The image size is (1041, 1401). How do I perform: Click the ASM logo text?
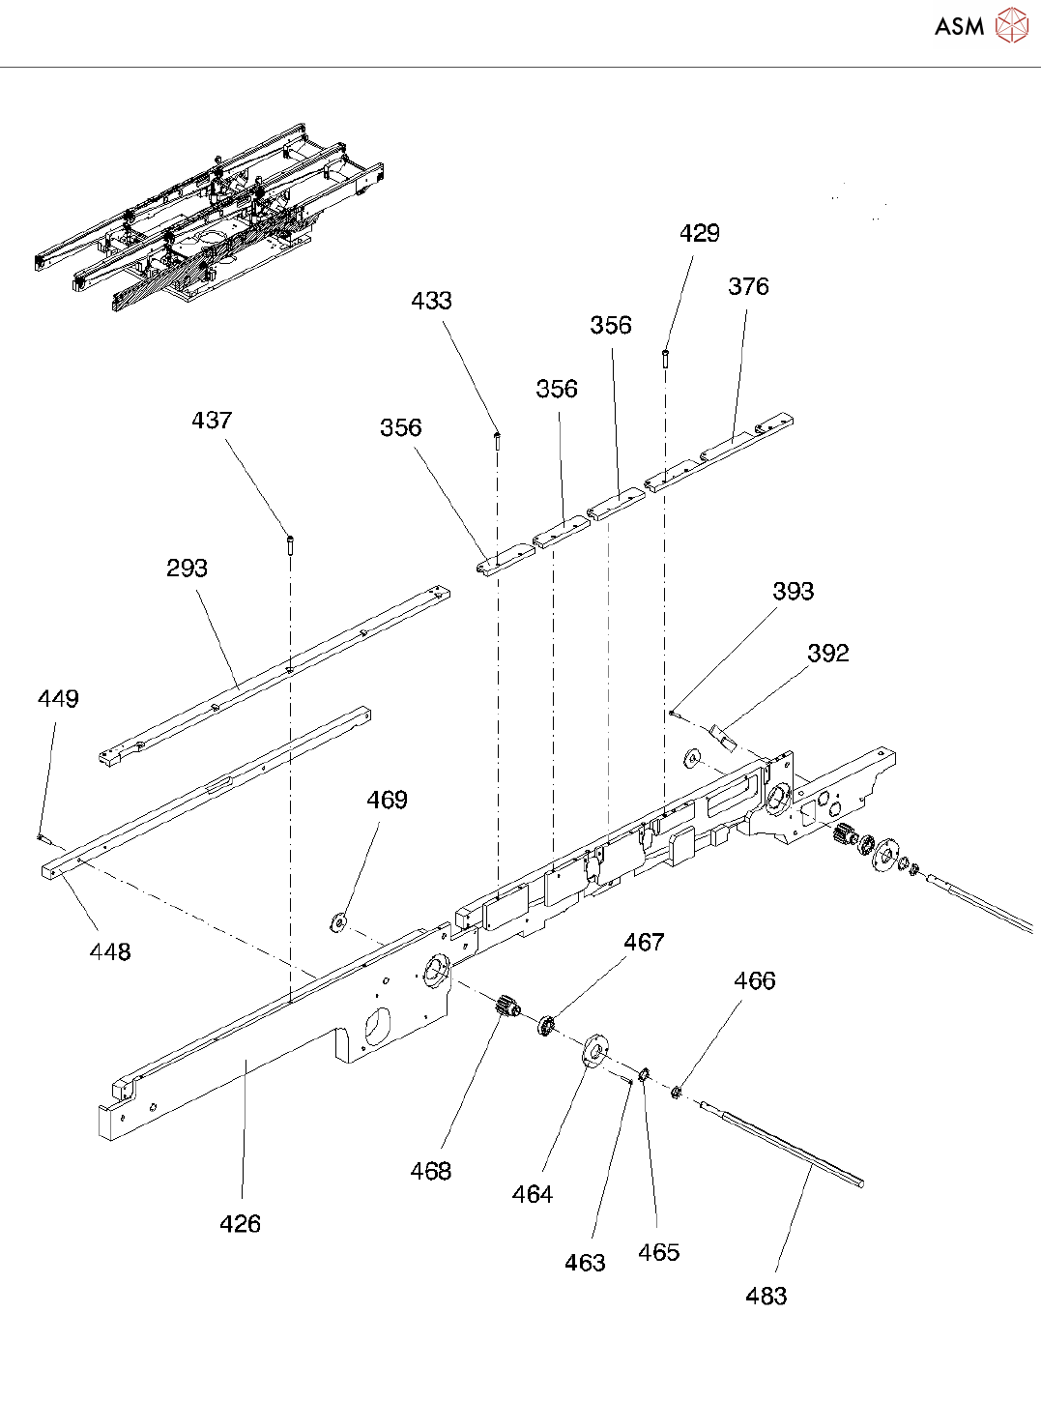click(959, 26)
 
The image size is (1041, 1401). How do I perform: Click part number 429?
click(699, 233)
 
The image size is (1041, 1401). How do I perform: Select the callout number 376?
click(748, 286)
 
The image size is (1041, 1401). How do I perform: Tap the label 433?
click(431, 301)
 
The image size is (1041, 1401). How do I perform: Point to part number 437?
click(212, 421)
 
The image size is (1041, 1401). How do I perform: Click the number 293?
click(187, 569)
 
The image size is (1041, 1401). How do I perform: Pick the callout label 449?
click(58, 699)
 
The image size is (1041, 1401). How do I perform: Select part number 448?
click(110, 952)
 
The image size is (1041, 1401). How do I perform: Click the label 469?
click(387, 801)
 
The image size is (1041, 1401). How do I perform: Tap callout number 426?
click(240, 1224)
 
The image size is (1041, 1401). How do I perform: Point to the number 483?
click(766, 1297)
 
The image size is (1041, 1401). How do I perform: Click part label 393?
click(793, 592)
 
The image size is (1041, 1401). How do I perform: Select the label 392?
click(827, 654)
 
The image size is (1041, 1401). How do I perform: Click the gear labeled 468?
click(508, 1007)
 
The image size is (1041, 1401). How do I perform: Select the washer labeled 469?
click(338, 921)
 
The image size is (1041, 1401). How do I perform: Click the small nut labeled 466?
click(677, 1093)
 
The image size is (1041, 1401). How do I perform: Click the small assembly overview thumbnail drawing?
click(211, 219)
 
